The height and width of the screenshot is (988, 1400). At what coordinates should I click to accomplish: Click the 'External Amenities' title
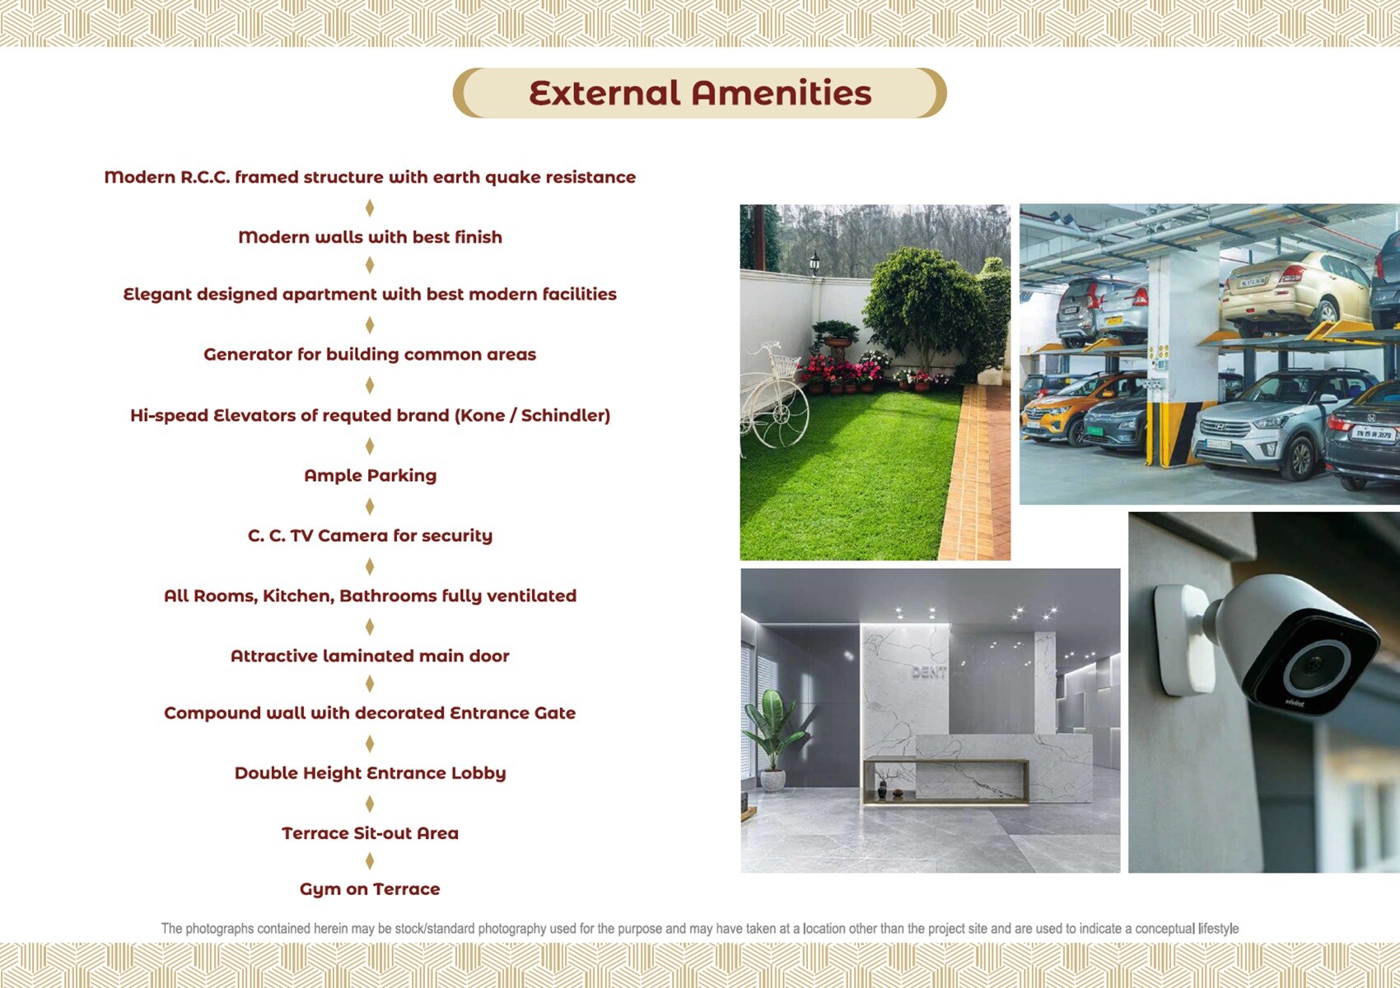tap(700, 92)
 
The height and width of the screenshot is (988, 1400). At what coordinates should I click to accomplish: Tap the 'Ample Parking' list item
tap(370, 476)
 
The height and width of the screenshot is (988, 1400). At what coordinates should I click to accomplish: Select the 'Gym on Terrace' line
tap(370, 889)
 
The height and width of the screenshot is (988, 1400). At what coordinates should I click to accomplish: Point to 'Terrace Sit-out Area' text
tap(370, 833)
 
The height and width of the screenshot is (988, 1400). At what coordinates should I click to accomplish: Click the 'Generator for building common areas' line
tap(370, 354)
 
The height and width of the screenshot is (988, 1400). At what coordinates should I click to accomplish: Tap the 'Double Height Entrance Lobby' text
tap(370, 773)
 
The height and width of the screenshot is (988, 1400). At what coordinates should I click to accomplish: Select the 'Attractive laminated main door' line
tap(370, 655)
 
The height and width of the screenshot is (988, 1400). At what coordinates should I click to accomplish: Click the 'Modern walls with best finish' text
tap(370, 237)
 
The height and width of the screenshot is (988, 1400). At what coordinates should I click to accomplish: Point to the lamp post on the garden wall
tap(814, 263)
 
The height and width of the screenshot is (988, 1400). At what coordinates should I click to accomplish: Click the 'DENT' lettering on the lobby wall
tap(929, 673)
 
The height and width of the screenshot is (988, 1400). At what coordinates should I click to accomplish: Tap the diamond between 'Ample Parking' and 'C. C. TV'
tap(370, 506)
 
